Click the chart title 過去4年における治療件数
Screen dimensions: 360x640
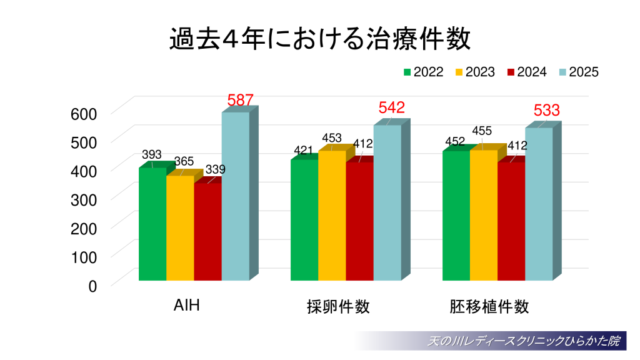[x=319, y=38]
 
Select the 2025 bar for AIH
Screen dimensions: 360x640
[x=235, y=197]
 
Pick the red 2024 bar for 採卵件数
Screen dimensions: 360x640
[x=359, y=221]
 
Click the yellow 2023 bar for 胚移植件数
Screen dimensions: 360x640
[x=483, y=216]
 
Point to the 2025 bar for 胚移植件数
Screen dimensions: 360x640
[x=538, y=204]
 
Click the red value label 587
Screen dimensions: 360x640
[x=240, y=100]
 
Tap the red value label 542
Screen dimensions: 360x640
[x=392, y=107]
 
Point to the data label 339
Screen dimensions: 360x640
[x=215, y=169]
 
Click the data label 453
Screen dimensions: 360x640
[x=332, y=137]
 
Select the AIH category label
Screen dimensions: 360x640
[x=186, y=306]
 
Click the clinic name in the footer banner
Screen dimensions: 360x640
[x=523, y=341]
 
